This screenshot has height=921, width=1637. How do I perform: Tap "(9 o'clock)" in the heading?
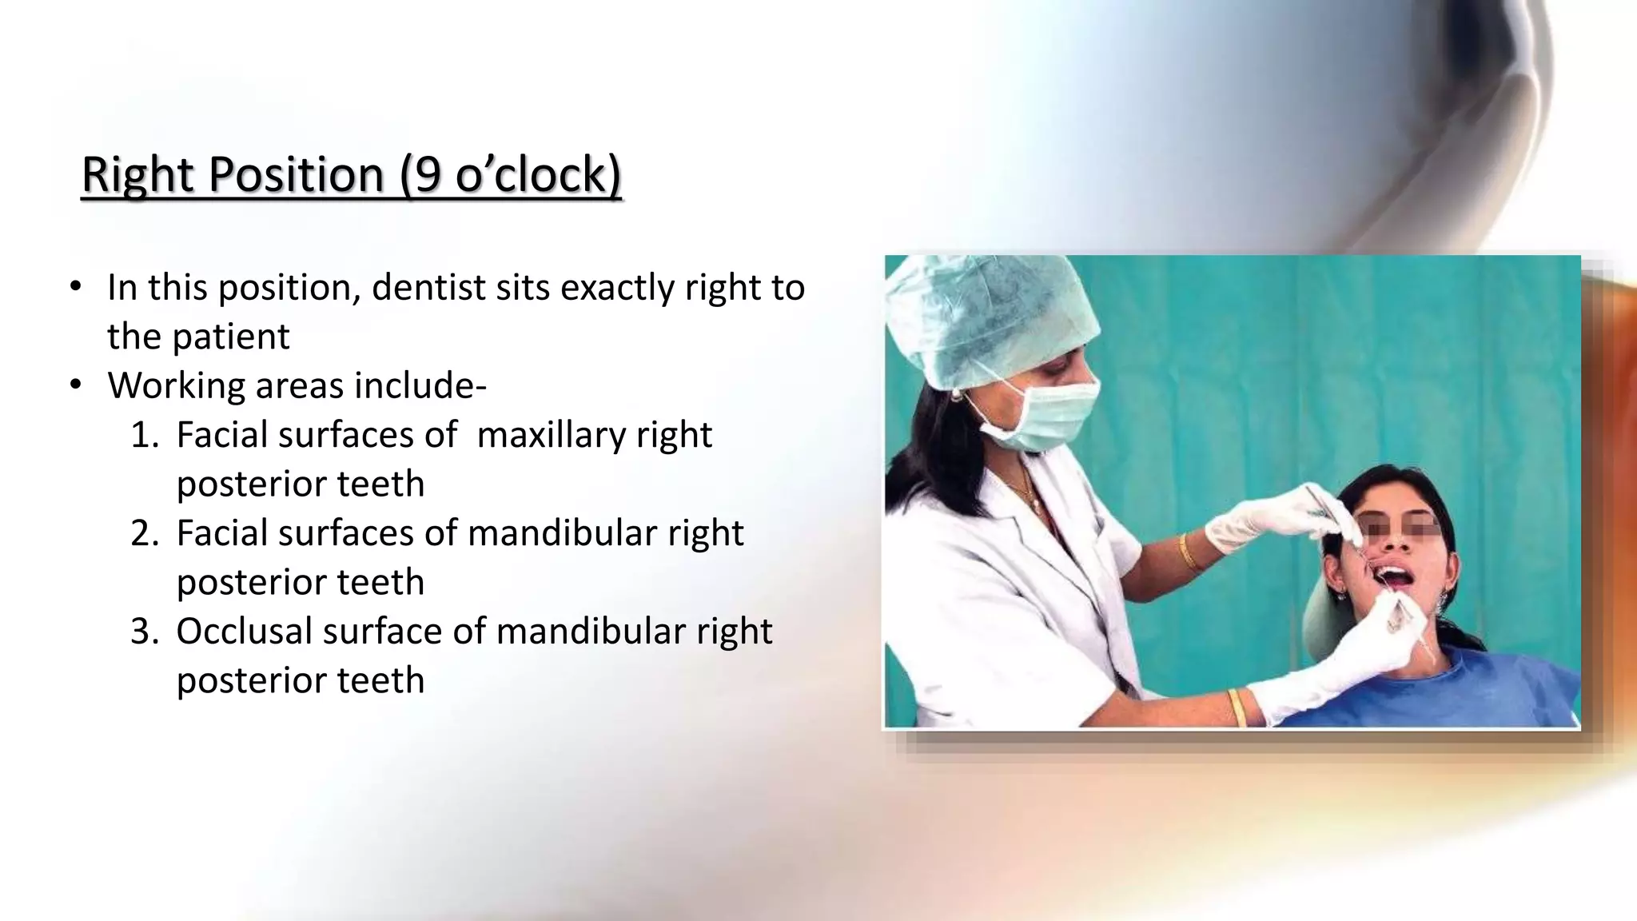click(510, 174)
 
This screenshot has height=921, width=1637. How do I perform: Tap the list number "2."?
click(145, 533)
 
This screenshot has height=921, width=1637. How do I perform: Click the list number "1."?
click(145, 436)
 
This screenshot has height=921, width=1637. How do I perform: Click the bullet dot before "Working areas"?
click(76, 385)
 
